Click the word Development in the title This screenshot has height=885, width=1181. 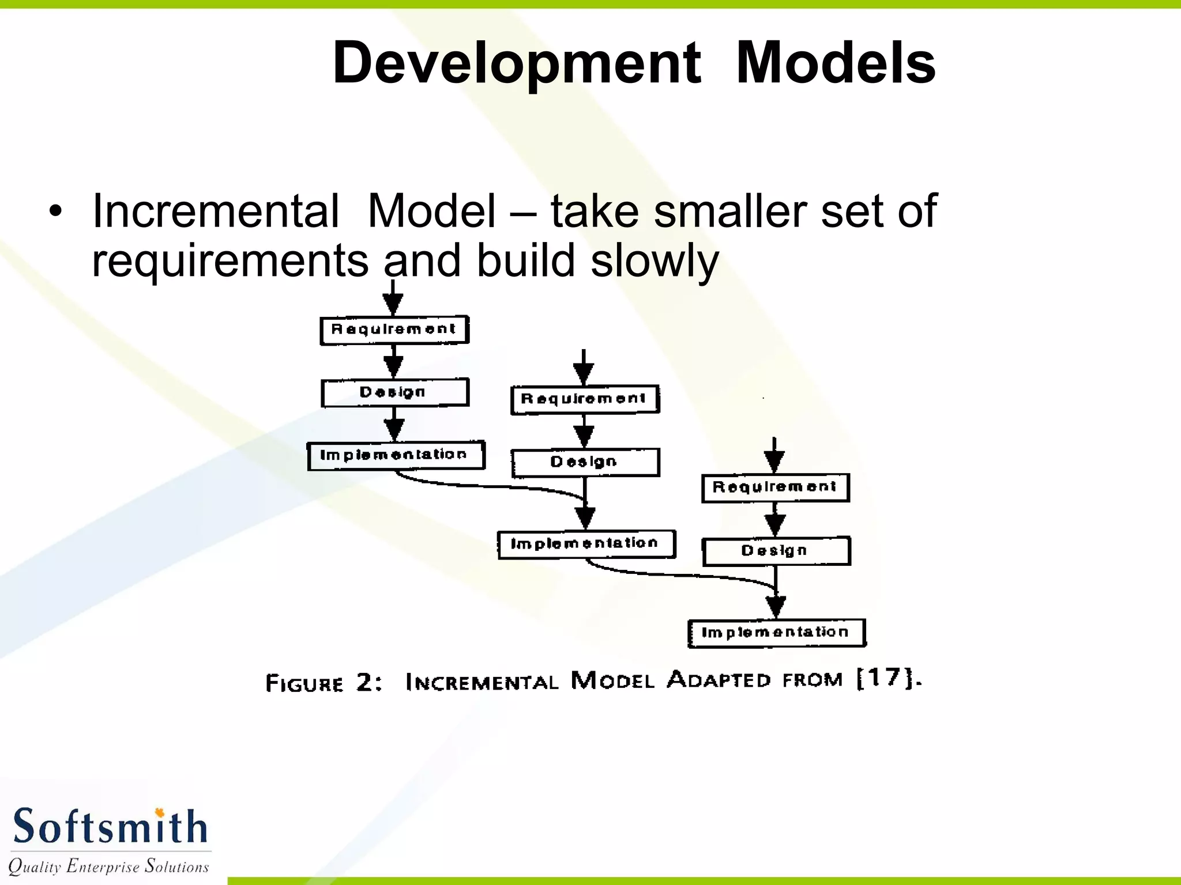coord(517,63)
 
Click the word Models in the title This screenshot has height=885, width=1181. coord(836,63)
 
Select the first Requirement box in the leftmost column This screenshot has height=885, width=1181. coord(394,330)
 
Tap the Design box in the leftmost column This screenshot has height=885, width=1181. coord(394,393)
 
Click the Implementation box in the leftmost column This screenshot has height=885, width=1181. coord(396,456)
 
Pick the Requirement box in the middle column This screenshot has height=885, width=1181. coord(585,399)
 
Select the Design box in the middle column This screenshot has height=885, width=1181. coord(585,463)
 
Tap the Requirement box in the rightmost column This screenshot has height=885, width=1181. coord(776,488)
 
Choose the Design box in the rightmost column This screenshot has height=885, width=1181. coord(776,551)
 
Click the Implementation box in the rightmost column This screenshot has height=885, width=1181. coord(777,633)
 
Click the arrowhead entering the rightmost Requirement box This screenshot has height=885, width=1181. coord(774,461)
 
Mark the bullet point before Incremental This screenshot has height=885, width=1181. coord(55,211)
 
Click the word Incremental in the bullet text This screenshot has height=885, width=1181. coord(216,211)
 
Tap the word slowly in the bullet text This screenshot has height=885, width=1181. coord(655,261)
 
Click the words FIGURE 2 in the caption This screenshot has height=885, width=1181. coord(323,683)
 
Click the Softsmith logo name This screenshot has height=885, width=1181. coord(110,827)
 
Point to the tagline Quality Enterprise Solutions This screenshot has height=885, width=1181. coord(108,866)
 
